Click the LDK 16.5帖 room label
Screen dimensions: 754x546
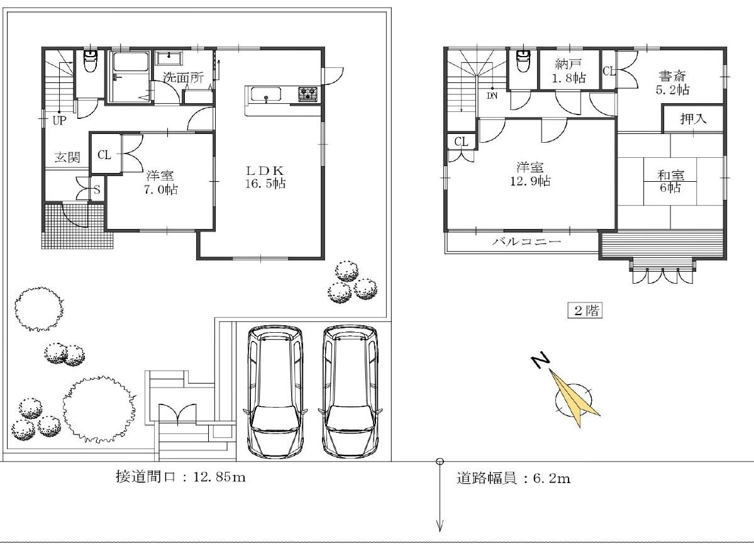click(x=265, y=177)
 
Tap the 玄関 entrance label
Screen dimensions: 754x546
click(x=67, y=157)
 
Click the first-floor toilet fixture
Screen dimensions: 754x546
click(x=90, y=60)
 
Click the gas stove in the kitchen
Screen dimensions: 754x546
click(x=308, y=94)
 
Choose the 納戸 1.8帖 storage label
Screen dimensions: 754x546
click(x=569, y=70)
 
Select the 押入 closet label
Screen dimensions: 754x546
click(x=694, y=118)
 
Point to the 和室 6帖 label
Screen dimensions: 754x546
click(x=670, y=181)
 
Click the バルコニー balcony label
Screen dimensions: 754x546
click(x=527, y=241)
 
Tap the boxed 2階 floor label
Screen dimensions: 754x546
click(x=585, y=310)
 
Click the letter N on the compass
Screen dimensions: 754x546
click(x=541, y=361)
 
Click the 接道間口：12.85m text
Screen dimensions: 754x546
click(x=181, y=477)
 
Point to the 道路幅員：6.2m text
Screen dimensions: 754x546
click(x=514, y=478)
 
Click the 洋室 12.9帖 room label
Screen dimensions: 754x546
click(x=530, y=174)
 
